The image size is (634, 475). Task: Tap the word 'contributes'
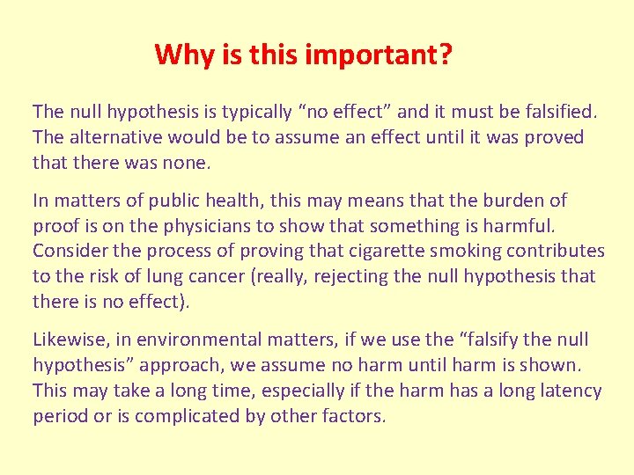click(x=553, y=252)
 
